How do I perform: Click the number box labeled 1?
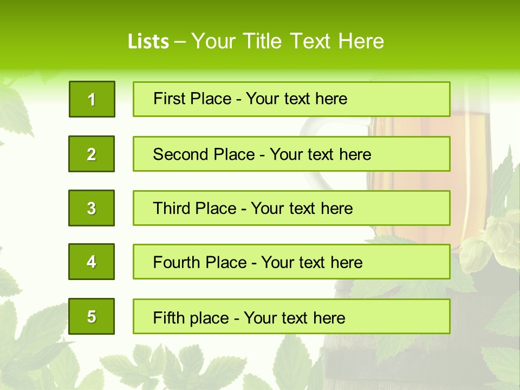coord(92,99)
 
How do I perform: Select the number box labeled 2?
coord(92,154)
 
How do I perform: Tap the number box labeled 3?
coord(92,208)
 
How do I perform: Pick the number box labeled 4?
coord(92,262)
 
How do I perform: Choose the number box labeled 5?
coord(92,316)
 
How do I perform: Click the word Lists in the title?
coord(148,42)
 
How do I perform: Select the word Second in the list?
coord(180,154)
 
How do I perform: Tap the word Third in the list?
coord(174,209)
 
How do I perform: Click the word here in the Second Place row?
coord(355,154)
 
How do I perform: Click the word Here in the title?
coord(361,41)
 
